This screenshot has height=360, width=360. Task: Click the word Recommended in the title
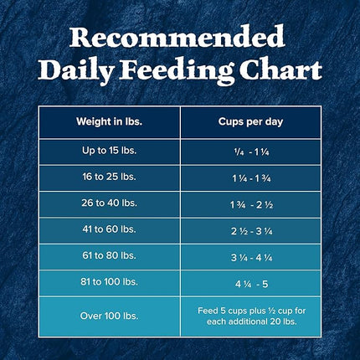pyautogui.click(x=180, y=39)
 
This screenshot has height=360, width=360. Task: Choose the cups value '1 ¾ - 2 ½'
pyautogui.click(x=251, y=203)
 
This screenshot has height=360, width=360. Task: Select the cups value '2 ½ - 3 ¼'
pyautogui.click(x=251, y=229)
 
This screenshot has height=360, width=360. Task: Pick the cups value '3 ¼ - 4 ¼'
pyautogui.click(x=251, y=256)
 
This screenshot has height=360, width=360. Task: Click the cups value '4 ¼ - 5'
pyautogui.click(x=251, y=282)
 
